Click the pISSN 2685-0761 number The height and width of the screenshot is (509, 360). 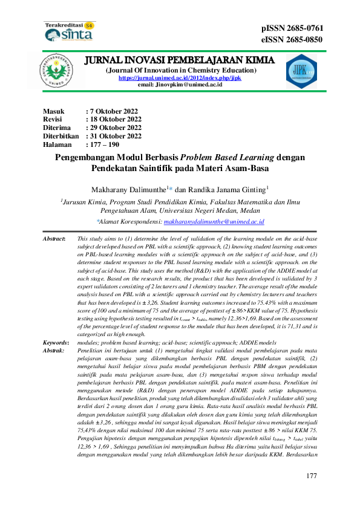[292, 28]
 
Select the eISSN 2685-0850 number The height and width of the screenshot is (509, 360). [292, 40]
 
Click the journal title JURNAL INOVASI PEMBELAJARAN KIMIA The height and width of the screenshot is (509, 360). [179, 60]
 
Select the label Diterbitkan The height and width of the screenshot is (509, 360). [61, 136]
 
